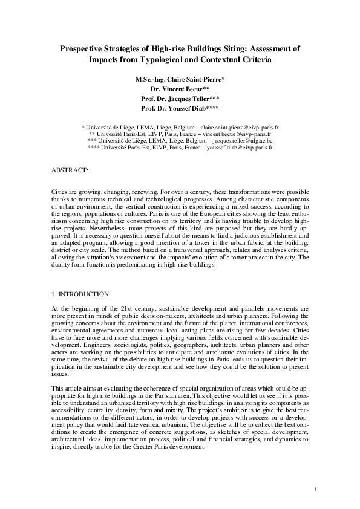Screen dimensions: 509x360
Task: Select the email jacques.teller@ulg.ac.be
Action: pos(237,140)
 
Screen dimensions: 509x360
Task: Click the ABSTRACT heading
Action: pos(70,171)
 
